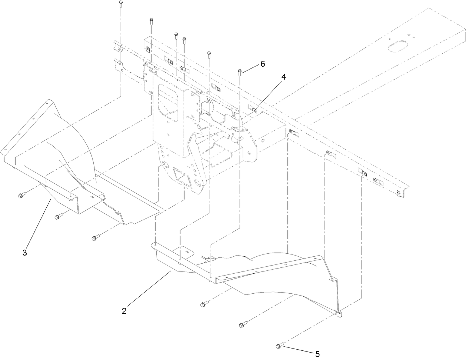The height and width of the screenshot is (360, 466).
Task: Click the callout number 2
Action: (x=124, y=311)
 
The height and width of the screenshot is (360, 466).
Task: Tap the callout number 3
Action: (x=24, y=253)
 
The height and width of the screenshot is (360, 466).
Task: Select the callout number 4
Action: (x=283, y=77)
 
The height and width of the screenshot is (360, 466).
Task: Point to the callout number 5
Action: (x=317, y=354)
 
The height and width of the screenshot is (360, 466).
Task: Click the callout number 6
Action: (x=262, y=64)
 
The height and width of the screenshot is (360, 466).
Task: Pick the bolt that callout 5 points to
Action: (x=279, y=346)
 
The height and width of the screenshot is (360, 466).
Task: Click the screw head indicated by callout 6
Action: (x=240, y=70)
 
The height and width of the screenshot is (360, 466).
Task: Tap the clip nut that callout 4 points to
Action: (x=255, y=109)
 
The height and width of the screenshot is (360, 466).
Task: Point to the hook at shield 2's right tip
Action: (x=339, y=314)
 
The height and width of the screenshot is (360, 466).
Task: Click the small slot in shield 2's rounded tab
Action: (x=188, y=253)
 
